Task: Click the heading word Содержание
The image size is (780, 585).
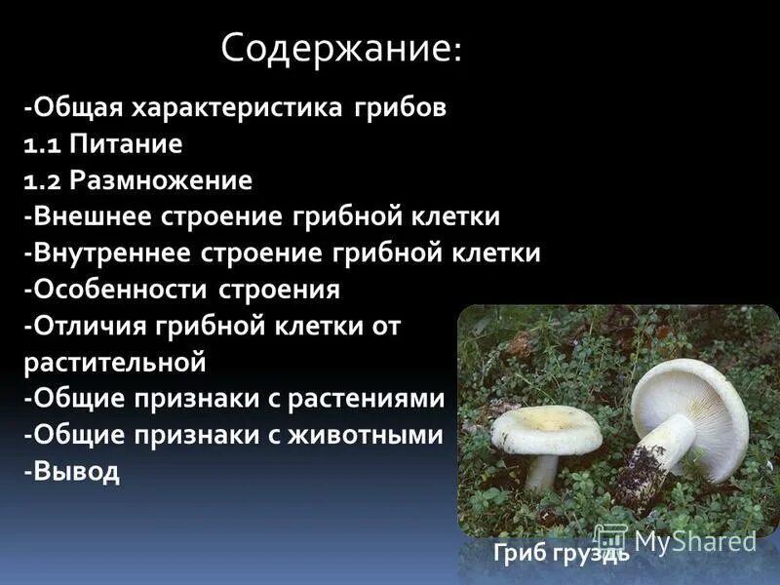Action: [x=337, y=48]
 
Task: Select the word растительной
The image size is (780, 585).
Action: [x=115, y=363]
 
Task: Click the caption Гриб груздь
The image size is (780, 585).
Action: [x=561, y=554]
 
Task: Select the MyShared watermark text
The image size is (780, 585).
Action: [x=695, y=541]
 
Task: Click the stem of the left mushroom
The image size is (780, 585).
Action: [x=541, y=473]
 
